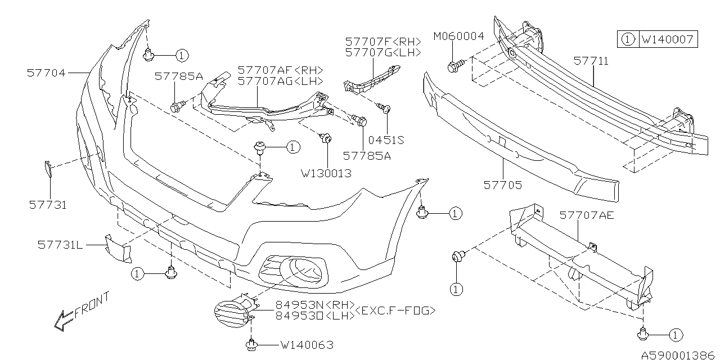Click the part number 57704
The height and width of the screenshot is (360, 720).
46,73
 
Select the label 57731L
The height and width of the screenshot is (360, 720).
60,245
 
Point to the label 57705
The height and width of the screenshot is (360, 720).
502,184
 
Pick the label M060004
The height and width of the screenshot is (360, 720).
458,37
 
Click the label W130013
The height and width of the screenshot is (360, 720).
326,173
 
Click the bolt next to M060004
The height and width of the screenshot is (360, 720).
453,66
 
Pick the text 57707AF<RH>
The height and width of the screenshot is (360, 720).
280,70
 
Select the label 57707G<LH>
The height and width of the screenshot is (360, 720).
383,52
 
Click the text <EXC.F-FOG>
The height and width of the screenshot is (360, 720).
396,309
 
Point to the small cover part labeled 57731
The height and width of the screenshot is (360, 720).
48,168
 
